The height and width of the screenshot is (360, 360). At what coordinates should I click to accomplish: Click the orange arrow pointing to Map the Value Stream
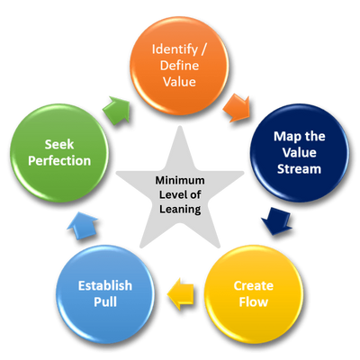(x=237, y=108)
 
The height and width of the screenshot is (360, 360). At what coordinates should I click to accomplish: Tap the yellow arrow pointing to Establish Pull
(x=181, y=293)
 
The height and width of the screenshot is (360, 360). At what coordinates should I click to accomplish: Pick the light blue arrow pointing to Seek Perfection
(x=82, y=225)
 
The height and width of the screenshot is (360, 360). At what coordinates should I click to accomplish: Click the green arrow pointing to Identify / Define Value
(x=117, y=110)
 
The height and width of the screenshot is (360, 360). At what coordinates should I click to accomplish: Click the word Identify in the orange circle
(x=175, y=49)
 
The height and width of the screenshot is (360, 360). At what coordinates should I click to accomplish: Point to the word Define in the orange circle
(x=179, y=66)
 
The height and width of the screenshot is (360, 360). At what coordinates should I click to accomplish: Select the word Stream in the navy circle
(x=299, y=169)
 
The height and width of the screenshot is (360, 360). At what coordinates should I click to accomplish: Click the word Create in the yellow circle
(x=254, y=285)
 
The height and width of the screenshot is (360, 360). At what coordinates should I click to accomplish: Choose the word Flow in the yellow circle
(x=254, y=301)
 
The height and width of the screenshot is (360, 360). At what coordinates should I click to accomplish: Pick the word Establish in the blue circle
(x=105, y=285)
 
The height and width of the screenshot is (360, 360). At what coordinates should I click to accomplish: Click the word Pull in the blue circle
(x=105, y=301)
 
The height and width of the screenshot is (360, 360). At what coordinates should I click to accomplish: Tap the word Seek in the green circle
(x=59, y=145)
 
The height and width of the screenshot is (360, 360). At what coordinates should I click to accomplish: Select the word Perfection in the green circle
(x=59, y=161)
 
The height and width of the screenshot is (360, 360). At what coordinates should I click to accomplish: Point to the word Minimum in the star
(x=180, y=180)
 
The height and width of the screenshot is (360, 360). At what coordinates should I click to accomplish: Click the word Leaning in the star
(x=180, y=209)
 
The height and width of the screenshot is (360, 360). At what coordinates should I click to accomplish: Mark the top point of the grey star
(x=180, y=126)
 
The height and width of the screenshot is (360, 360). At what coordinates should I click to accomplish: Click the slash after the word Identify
(x=203, y=49)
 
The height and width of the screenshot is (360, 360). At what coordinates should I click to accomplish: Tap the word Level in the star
(x=171, y=194)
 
